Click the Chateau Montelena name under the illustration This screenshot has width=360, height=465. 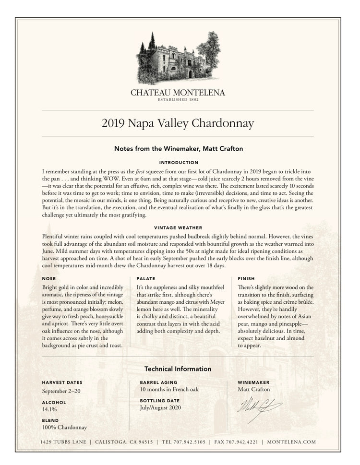point(178,93)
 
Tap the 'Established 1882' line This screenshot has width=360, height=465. point(178,100)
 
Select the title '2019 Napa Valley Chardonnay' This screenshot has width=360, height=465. point(178,123)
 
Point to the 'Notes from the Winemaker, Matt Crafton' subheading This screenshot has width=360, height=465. point(178,149)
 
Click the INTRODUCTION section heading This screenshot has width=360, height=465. point(178,163)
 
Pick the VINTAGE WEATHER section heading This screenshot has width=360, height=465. point(178,227)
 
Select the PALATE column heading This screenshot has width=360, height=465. point(145,278)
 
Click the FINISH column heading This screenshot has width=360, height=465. point(246,278)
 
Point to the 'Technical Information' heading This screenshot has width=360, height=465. point(178,369)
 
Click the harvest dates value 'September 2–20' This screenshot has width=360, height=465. point(62,391)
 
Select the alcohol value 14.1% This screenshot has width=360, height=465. point(49,409)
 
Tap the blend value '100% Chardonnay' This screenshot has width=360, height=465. point(64,428)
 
